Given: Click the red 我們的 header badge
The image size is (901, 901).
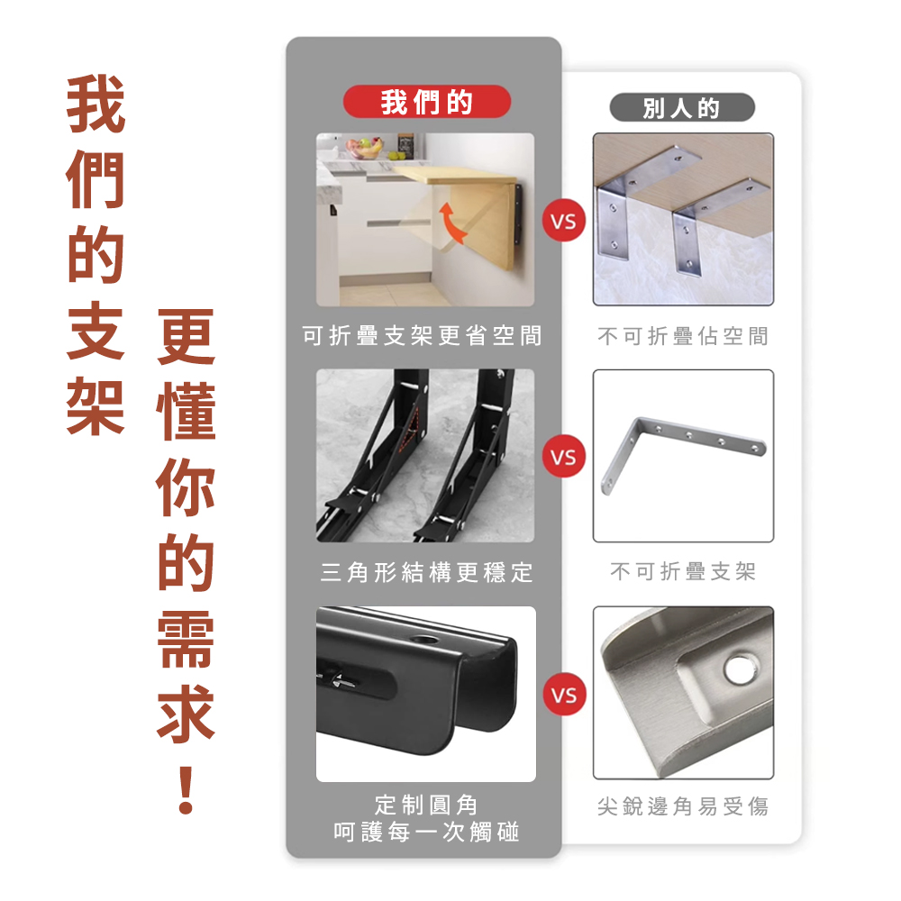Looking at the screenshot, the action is (426, 102).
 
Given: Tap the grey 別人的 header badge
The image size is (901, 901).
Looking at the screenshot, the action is (681, 107).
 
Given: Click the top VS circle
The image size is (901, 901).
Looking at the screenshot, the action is (564, 221).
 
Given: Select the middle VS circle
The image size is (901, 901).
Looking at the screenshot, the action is (564, 457).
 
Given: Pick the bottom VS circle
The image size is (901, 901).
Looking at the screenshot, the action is (564, 694).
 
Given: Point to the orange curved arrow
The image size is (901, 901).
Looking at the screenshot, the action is (451, 223).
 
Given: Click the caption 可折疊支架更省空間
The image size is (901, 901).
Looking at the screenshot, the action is (423, 335).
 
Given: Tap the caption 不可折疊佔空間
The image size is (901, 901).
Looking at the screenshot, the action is (683, 336).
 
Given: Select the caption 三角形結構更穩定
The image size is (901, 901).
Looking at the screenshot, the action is (426, 572).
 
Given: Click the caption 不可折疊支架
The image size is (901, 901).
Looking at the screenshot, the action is (683, 571).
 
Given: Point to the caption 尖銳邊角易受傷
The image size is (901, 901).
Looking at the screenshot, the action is (683, 806).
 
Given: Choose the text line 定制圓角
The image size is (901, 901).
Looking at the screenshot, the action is (426, 805).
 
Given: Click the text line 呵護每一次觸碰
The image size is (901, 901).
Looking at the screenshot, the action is (426, 832).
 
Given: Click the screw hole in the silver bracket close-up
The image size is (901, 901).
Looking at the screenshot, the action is (741, 669).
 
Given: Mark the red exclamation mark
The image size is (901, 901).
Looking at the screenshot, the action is (186, 789).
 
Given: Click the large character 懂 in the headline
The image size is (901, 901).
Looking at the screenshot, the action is (186, 412).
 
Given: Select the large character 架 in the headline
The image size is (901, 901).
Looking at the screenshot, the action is (96, 405).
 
